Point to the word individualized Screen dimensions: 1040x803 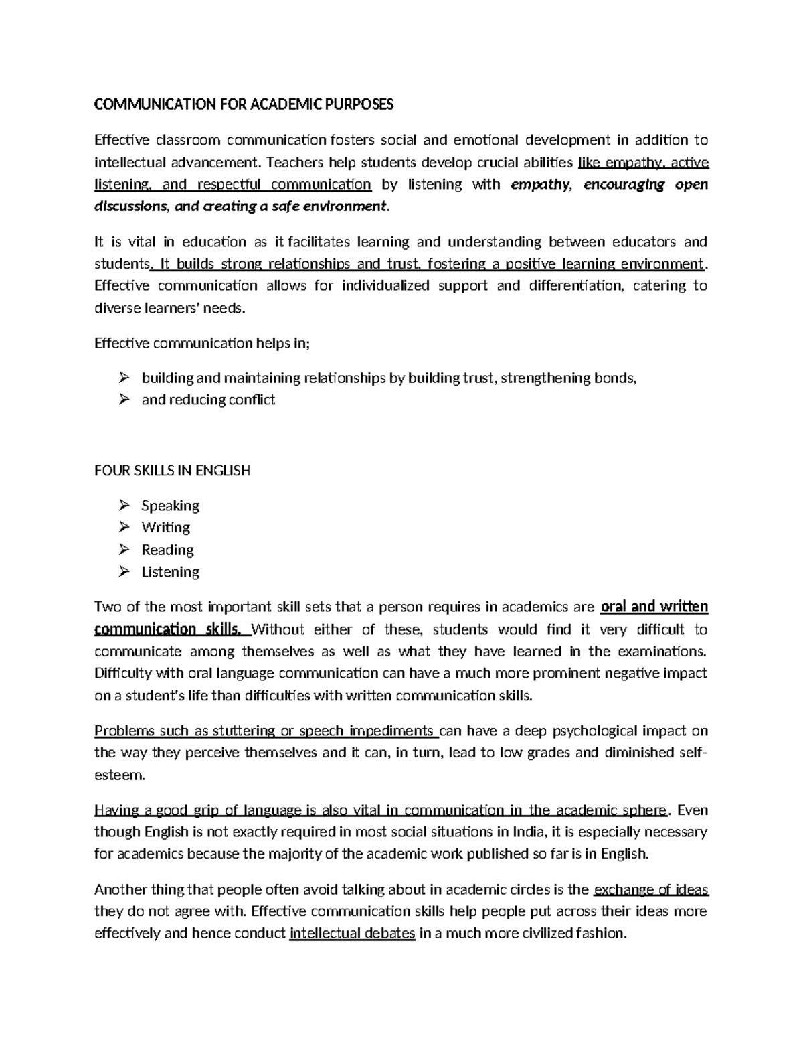point(385,286)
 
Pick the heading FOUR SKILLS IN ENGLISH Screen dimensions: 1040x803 point(172,470)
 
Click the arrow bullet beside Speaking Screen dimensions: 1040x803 point(124,505)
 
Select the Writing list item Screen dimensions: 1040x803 point(165,528)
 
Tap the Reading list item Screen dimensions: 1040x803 point(167,550)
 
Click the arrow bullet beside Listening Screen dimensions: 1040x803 point(124,572)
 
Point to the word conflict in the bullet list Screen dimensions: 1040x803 point(248,400)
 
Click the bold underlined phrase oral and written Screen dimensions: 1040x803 point(654,607)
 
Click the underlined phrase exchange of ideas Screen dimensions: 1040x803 point(651,890)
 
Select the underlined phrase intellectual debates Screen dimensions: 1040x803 point(352,934)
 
